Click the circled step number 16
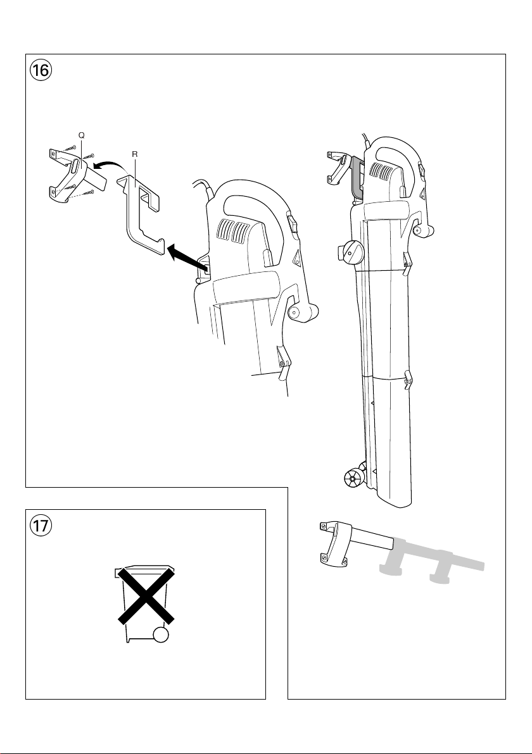coord(41,71)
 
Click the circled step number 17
coord(41,526)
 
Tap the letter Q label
coord(81,135)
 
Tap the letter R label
coord(134,154)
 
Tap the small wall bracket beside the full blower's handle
coord(335,166)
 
